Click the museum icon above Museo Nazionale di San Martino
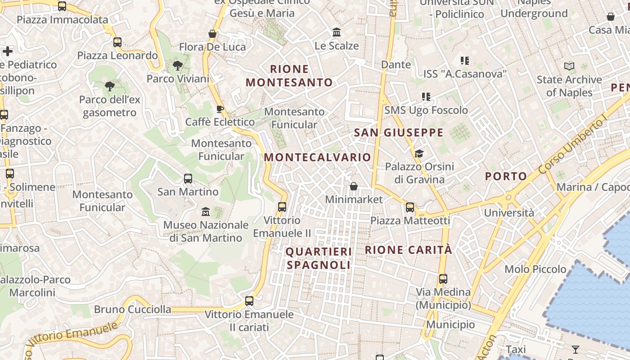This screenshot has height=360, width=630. coord(206,211)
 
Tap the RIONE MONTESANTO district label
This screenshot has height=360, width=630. coord(289,76)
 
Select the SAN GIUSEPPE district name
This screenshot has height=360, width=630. coord(399,133)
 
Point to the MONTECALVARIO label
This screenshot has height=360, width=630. coord(317,157)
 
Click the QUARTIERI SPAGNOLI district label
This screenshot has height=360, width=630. coord(319,258)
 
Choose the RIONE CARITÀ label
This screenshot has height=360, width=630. coord(408,250)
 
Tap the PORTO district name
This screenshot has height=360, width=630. coord(505,176)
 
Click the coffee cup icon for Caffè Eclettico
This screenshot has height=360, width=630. coord(220,109)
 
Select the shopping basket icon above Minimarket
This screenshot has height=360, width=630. coord(354,186)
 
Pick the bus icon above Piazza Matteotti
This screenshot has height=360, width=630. coord(410,207)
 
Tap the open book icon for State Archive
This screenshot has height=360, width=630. coord(569,67)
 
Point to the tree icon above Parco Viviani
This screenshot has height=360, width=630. coord(178,66)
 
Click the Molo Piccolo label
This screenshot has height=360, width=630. coord(535,269)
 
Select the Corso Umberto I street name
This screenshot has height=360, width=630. coord(573,146)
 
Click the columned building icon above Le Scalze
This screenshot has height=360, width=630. coord(337,32)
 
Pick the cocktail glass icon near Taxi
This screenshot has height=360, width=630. coord(575,349)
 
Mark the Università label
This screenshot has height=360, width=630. coord(509,212)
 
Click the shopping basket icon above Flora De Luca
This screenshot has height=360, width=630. coord(212,34)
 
